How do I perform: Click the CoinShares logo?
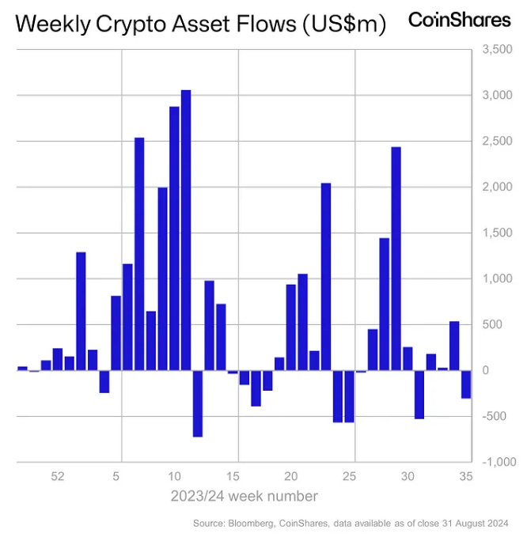coord(459,21)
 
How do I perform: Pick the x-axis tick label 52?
coord(57,477)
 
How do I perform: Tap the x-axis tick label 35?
coord(466,477)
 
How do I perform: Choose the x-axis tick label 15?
coord(233,477)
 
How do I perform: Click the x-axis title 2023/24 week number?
coord(244,497)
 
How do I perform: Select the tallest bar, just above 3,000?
coord(186,229)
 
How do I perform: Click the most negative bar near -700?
coord(198,403)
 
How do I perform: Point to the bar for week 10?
coord(174,237)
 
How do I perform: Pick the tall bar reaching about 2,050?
coord(325,277)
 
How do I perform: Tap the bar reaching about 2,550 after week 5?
coord(139,253)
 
